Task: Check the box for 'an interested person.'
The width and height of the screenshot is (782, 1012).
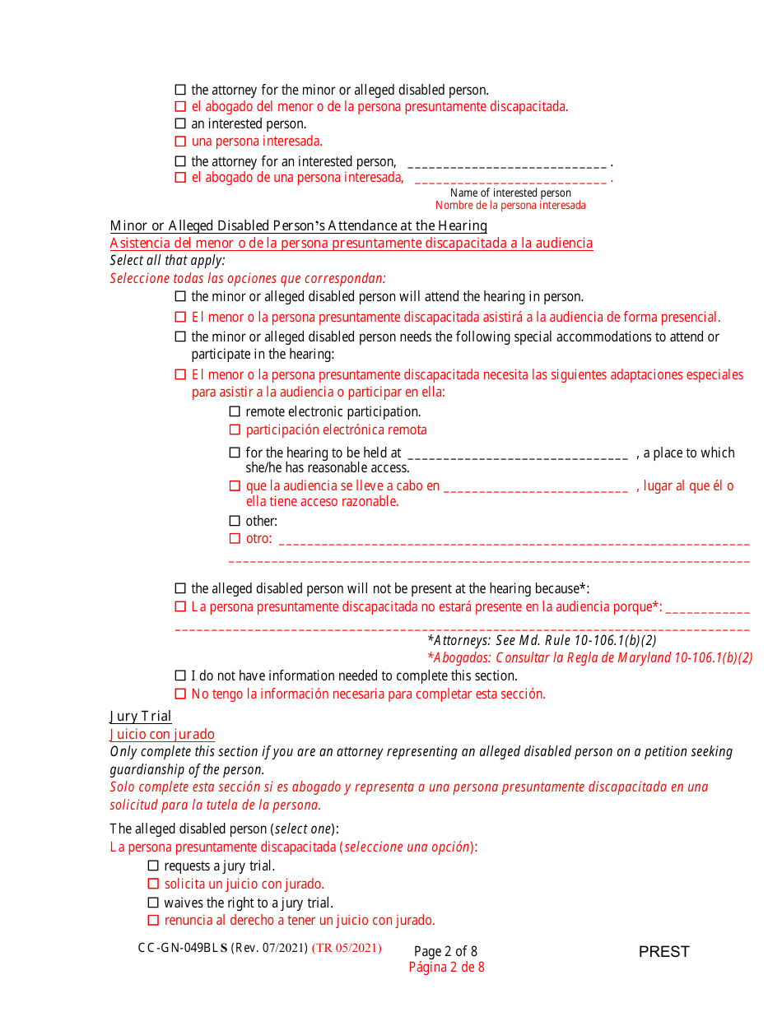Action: click(180, 123)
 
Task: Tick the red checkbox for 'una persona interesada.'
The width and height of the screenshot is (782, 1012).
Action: click(180, 142)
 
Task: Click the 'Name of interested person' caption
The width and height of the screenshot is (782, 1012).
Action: click(510, 193)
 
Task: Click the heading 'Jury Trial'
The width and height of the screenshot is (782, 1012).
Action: click(141, 717)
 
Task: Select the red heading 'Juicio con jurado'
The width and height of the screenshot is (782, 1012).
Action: click(162, 735)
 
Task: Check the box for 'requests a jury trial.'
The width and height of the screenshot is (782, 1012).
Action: click(153, 866)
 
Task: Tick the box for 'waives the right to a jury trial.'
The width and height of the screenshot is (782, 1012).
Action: click(153, 903)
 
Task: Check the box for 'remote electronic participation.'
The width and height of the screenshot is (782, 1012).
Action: click(235, 411)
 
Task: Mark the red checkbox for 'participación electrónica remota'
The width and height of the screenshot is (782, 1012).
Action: click(235, 429)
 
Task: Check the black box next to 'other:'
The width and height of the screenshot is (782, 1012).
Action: click(235, 521)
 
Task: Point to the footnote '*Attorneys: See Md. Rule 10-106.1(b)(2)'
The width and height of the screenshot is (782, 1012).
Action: click(542, 640)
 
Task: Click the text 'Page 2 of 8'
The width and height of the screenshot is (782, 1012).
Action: click(445, 951)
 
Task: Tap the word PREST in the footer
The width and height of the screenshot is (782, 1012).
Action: click(663, 952)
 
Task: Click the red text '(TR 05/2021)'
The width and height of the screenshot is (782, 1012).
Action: click(347, 948)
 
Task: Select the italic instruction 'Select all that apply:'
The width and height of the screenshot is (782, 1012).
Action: click(167, 260)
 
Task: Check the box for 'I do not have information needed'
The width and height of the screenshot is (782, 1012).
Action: click(180, 675)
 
